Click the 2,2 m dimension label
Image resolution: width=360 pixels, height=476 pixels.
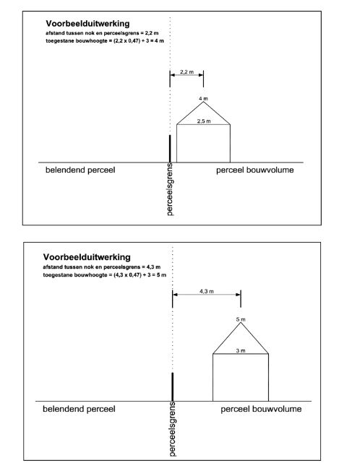[187, 72]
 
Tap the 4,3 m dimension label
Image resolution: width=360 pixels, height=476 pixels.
[206, 292]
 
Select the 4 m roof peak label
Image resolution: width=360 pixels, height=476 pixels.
[203, 98]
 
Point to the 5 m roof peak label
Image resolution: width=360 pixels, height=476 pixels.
[241, 319]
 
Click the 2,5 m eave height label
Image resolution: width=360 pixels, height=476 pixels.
[204, 121]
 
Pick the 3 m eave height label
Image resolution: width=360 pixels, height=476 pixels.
[241, 350]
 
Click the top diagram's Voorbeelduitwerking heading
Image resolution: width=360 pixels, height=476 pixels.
[82, 24]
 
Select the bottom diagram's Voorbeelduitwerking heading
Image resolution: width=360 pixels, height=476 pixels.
[85, 256]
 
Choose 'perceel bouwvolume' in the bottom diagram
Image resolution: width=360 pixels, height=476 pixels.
[261, 410]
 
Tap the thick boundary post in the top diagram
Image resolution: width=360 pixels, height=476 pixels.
[170, 148]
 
